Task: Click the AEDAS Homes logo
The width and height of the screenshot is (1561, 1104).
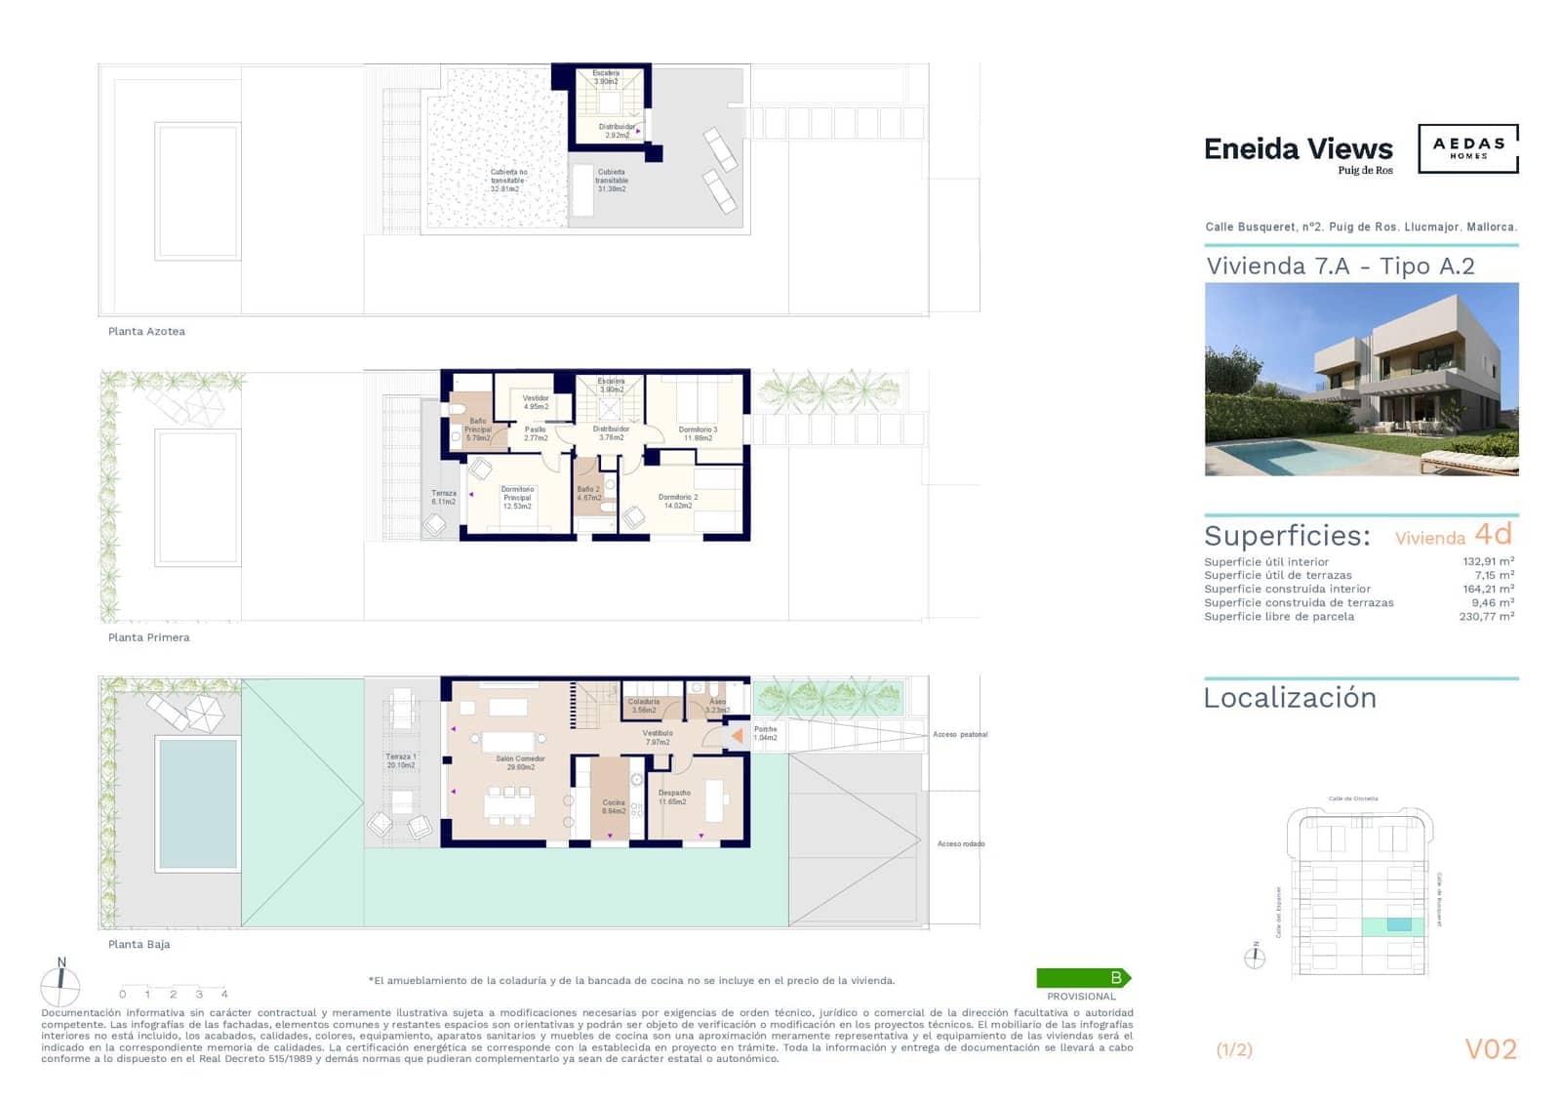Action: click(1467, 148)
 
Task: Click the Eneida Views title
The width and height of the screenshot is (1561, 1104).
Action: click(1298, 149)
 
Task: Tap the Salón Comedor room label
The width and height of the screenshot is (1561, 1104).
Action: click(520, 762)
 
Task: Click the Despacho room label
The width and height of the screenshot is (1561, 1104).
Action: click(673, 797)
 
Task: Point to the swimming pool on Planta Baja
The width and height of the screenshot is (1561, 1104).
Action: click(197, 803)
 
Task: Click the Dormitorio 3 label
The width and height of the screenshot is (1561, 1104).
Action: click(698, 433)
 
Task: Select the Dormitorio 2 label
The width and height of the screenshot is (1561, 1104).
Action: click(678, 501)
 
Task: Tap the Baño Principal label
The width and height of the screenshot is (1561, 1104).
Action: click(477, 429)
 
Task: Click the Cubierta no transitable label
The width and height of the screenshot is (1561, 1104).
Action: click(507, 181)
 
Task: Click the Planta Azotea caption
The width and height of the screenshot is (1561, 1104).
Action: click(146, 331)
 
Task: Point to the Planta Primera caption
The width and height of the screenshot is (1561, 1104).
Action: click(148, 637)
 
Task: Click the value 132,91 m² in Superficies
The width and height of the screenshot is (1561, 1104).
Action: click(1487, 561)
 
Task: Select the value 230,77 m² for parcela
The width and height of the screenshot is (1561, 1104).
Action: click(1486, 616)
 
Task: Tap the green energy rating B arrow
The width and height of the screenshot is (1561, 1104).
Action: click(1083, 977)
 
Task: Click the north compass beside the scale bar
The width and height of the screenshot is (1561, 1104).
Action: click(60, 985)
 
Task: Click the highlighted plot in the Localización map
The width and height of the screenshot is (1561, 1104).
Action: click(1398, 924)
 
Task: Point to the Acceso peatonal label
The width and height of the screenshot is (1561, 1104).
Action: click(959, 734)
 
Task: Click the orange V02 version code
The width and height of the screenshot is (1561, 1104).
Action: click(1490, 1049)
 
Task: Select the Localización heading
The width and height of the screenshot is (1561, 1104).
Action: click(1290, 698)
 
